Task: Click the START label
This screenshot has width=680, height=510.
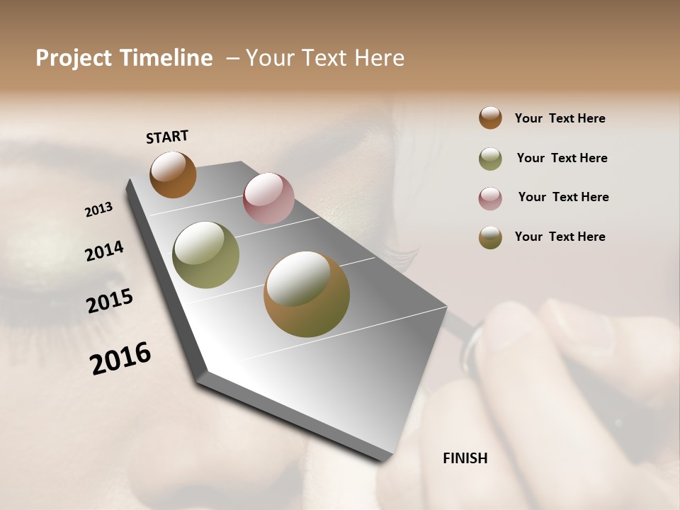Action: (x=167, y=137)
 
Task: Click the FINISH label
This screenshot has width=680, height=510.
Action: (x=465, y=458)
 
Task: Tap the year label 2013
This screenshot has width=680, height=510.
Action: (x=98, y=210)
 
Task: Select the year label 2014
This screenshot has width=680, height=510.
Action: (x=104, y=251)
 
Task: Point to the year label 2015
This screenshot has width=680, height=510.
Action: (x=110, y=301)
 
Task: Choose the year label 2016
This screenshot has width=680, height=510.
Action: (x=120, y=358)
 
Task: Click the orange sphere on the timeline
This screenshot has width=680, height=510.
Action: (x=173, y=175)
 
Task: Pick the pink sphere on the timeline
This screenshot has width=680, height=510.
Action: (x=268, y=198)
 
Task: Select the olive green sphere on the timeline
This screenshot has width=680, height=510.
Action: (x=206, y=255)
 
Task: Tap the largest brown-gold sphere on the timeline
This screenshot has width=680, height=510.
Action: (x=307, y=294)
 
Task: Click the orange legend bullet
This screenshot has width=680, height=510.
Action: (x=490, y=118)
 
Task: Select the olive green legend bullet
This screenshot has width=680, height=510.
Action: (x=490, y=159)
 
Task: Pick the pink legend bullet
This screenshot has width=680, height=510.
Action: (x=490, y=198)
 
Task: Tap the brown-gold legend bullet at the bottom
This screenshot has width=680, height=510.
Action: (x=490, y=237)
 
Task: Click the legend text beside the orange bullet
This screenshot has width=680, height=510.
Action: (x=560, y=118)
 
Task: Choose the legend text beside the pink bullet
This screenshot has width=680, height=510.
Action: (x=563, y=197)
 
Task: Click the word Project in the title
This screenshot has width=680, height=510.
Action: (x=74, y=58)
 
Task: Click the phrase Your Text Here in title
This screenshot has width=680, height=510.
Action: (x=325, y=58)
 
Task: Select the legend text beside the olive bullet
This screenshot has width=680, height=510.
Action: (x=562, y=158)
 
